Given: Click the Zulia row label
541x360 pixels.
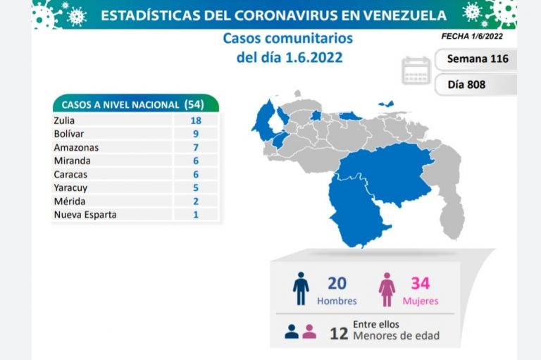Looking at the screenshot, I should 64,120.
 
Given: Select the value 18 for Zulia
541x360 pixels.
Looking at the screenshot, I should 195,120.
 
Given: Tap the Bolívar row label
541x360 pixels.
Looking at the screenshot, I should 68,134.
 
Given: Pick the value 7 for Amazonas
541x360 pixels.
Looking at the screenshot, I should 195,147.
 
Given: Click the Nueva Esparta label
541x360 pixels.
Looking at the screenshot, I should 85,214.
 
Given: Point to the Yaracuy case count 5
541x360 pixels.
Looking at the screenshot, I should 195,187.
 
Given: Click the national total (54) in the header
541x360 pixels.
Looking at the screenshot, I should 199,104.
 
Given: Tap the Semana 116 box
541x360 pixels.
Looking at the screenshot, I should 478,58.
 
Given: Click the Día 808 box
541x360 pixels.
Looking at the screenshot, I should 466,85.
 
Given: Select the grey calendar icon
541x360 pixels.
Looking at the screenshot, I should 416,71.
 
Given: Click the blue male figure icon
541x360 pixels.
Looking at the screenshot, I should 301,289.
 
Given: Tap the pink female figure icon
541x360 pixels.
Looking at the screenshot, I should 387,290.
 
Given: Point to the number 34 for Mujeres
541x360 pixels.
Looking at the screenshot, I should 421,283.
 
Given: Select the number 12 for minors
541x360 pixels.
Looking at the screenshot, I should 339,333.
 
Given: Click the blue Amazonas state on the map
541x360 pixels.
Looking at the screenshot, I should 356,211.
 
